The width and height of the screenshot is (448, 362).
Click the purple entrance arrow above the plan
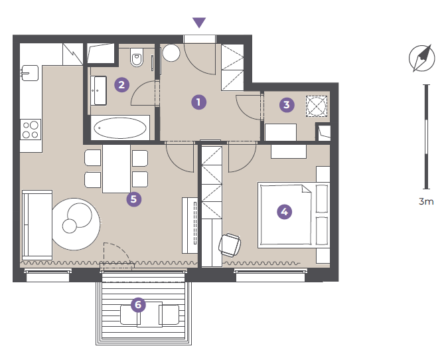(199, 23)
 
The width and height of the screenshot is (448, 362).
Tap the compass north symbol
(421, 58)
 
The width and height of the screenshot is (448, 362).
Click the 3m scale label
(426, 201)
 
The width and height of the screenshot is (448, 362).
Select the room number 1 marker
(199, 102)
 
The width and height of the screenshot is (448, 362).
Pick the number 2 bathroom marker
(121, 84)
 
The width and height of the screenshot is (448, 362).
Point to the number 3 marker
(287, 105)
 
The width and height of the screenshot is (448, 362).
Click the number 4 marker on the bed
(284, 212)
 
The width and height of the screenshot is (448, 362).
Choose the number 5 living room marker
(133, 199)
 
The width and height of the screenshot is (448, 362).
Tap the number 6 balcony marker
(138, 304)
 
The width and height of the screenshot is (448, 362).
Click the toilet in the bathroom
(137, 57)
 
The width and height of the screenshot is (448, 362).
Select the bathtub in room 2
(120, 128)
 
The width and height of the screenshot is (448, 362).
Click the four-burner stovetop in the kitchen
(31, 130)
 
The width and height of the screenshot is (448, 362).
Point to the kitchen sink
(29, 73)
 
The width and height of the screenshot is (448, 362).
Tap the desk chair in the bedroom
(230, 245)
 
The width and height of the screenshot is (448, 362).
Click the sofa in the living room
(37, 225)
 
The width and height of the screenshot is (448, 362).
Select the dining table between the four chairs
(117, 169)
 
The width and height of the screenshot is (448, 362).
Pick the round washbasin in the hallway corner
(171, 52)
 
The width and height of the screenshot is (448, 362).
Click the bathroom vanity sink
(99, 90)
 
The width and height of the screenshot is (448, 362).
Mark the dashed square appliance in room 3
(317, 106)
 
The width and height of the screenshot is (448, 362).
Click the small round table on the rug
(70, 226)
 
